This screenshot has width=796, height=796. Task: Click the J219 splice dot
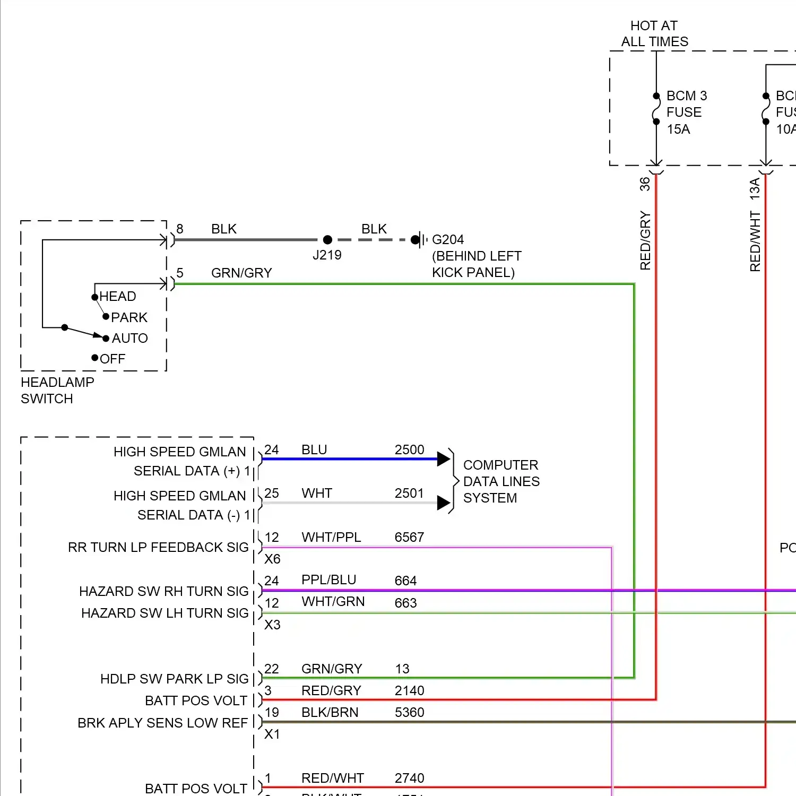pos(327,240)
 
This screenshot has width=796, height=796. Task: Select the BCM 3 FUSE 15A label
pos(686,112)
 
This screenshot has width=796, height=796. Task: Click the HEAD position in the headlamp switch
pos(117,296)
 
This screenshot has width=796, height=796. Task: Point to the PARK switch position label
pos(129,317)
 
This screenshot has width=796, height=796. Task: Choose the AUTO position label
pos(129,338)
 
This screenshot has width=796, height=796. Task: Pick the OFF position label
pos(113,359)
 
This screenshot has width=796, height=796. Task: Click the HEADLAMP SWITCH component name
pos(57,390)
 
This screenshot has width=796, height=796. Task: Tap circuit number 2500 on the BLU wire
pos(409,449)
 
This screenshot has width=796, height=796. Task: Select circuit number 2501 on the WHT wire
pos(409,493)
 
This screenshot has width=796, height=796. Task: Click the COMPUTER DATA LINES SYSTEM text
pos(501,481)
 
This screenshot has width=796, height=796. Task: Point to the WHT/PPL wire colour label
pos(331,537)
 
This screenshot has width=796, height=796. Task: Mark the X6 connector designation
pos(272,559)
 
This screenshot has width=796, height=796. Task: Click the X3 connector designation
pos(272,625)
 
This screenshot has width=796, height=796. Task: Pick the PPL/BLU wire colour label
pos(328,580)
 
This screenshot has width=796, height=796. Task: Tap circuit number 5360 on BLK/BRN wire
pos(409,712)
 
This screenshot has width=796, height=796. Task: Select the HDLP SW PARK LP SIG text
pos(174,679)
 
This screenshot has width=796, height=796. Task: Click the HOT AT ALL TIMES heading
pos(654,33)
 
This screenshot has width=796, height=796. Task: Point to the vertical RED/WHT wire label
pos(755,241)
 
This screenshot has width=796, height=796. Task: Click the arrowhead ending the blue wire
pos(444,459)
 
